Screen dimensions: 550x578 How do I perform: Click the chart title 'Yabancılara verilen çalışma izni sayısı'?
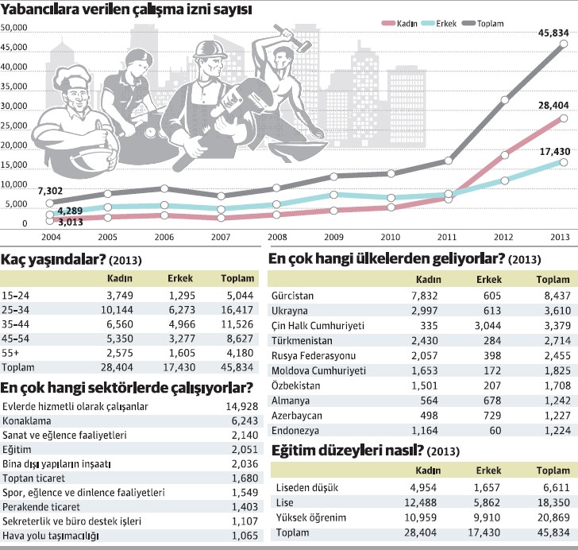tap(127, 10)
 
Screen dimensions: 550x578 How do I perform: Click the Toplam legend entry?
tap(490, 23)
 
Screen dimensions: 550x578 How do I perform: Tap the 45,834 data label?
tap(550, 33)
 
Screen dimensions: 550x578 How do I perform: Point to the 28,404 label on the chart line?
tap(550, 104)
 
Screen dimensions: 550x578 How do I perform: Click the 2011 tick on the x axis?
tap(446, 237)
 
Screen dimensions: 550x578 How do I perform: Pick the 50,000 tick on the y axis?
tap(15, 29)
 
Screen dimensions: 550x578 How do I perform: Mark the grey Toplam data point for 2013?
tap(562, 45)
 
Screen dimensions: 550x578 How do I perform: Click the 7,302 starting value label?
tap(28, 190)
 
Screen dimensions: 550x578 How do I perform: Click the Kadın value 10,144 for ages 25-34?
tap(119, 310)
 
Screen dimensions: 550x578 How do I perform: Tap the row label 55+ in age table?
tap(12, 353)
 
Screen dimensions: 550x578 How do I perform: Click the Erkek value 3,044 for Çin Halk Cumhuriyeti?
tap(488, 325)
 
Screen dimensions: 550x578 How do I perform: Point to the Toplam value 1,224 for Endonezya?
tap(553, 430)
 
